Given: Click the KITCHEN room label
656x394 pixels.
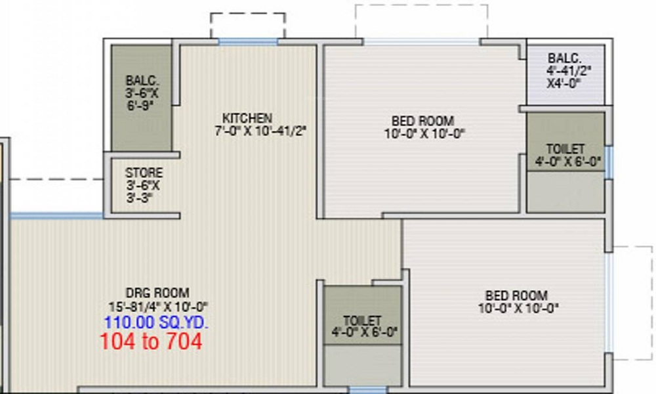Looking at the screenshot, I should click(247, 118).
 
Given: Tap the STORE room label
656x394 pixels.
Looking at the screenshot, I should click(144, 173).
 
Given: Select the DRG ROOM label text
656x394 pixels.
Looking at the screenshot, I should click(157, 293).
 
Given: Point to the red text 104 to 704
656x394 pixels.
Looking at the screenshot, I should click(151, 341).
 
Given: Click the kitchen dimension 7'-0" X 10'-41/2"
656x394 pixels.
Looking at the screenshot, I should click(261, 131).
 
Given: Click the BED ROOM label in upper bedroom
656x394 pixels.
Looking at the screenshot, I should click(422, 121).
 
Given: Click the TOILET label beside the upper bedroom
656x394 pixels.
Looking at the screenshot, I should click(565, 150).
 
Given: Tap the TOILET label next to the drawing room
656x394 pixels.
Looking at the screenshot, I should click(362, 320).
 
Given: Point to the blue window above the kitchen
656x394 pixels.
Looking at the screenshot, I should click(248, 41).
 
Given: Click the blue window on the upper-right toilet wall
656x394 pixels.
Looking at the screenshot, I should click(608, 162).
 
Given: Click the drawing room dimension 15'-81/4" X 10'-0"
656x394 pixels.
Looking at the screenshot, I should click(157, 306).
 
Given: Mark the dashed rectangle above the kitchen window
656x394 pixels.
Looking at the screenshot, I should click(247, 25).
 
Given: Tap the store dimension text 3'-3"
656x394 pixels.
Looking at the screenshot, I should click(140, 197).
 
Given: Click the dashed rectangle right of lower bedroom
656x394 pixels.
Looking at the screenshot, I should click(632, 303).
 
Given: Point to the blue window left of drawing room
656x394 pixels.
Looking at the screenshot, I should click(56, 215).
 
